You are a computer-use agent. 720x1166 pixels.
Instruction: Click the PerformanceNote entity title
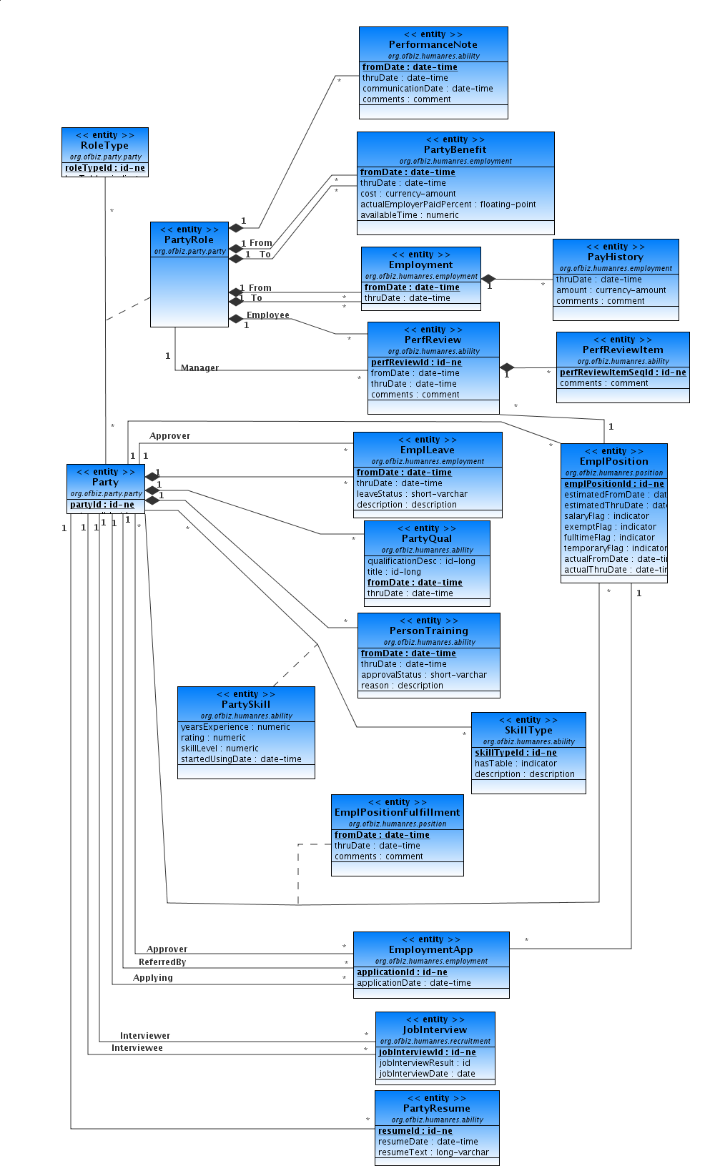433,44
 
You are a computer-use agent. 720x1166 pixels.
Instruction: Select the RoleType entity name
104,145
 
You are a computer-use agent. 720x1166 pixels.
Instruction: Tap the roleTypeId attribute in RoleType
105,168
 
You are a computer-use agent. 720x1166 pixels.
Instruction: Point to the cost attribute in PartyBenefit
408,194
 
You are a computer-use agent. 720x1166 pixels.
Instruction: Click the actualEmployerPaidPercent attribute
448,204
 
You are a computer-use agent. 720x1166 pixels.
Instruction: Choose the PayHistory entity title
615,257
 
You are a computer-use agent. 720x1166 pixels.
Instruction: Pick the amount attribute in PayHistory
611,290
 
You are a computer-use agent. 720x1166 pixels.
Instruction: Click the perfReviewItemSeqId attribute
622,372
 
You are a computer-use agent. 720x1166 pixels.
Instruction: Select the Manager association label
199,368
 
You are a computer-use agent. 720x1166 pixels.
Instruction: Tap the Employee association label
267,315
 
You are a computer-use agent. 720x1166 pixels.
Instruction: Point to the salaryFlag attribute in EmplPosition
606,516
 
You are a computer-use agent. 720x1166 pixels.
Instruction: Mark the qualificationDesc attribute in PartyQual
421,561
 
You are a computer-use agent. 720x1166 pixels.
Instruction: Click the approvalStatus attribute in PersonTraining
423,675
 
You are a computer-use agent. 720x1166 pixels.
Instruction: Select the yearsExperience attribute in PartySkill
235,727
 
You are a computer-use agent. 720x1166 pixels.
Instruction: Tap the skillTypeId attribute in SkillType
516,753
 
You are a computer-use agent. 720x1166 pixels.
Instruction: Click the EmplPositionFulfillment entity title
397,812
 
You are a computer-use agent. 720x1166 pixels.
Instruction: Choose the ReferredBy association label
162,962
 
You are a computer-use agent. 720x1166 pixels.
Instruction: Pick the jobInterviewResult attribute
424,1063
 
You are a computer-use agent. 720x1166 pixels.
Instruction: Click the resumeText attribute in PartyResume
433,1152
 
